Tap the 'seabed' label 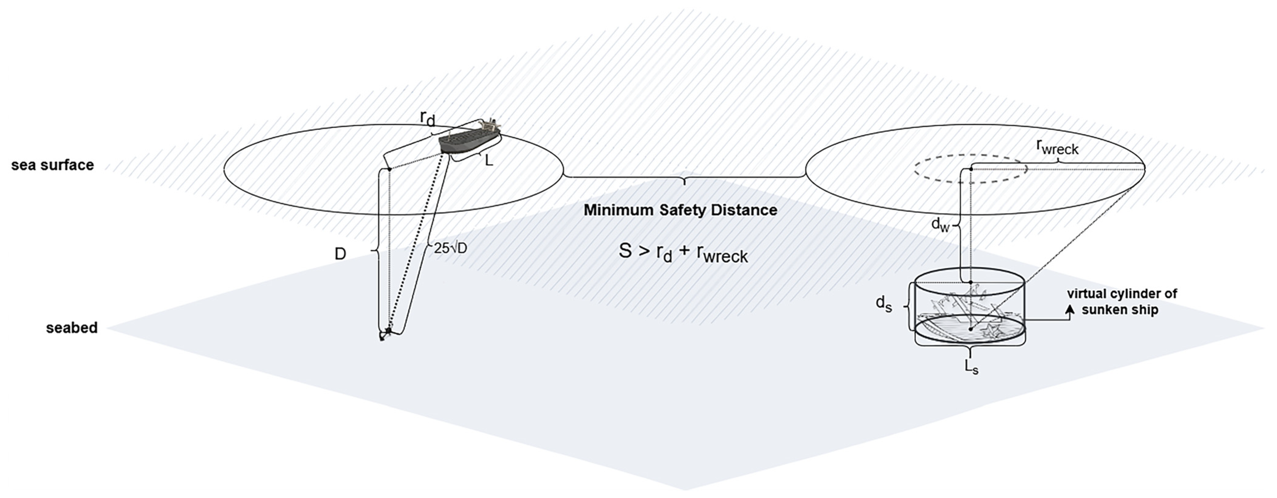pos(71,328)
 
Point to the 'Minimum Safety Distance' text pos(680,210)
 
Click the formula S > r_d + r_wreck pos(683,253)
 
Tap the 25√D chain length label pos(450,248)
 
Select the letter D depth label pos(340,254)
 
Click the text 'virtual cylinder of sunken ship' pos(1122,302)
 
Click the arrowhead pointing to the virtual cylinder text pos(1070,309)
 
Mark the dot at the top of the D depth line pos(390,170)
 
